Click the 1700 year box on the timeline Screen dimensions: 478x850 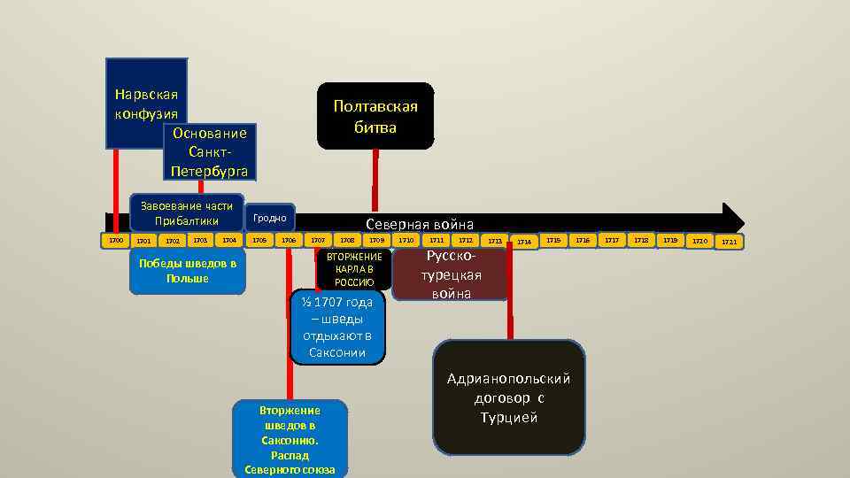pyautogui.click(x=115, y=240)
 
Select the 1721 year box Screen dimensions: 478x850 pyautogui.click(x=729, y=241)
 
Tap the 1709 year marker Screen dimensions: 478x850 pyautogui.click(x=377, y=240)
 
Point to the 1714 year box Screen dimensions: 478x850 pyautogui.click(x=525, y=241)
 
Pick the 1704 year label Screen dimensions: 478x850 pyautogui.click(x=230, y=240)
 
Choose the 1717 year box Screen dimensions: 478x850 pyautogui.click(x=612, y=240)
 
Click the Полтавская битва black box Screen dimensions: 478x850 pyautogui.click(x=375, y=116)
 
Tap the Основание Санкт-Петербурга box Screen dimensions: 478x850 pyautogui.click(x=210, y=151)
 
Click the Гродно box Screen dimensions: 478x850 pyautogui.click(x=269, y=217)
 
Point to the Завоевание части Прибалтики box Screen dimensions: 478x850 pyautogui.click(x=186, y=212)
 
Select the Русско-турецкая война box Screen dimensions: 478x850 pyautogui.click(x=452, y=274)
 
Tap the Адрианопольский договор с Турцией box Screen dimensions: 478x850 pyautogui.click(x=508, y=397)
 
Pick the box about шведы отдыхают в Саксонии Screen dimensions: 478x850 pyautogui.click(x=337, y=327)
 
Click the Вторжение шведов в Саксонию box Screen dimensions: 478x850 pyautogui.click(x=290, y=439)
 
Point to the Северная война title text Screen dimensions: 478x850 pyautogui.click(x=420, y=225)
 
